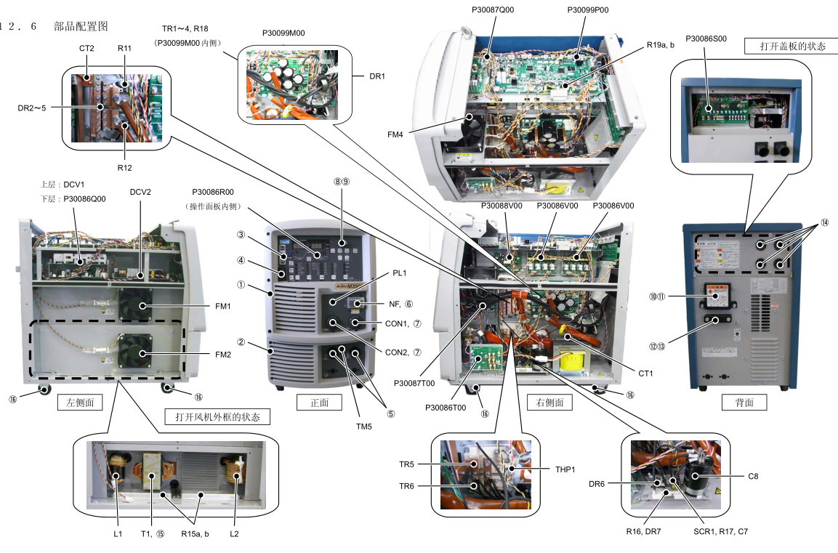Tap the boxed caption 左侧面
coord(80,401)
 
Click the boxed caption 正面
coord(319,401)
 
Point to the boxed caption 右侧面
coord(549,402)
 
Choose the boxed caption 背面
coord(744,402)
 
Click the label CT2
coord(87,48)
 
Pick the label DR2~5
coord(33,108)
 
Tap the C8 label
coord(754,476)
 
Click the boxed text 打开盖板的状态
coord(792,46)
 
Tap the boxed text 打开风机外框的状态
coord(217,416)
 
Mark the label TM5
coord(363,426)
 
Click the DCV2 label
coord(140,192)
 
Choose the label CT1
coord(646,374)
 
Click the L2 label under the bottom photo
coord(234,534)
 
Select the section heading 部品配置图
coord(81,26)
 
